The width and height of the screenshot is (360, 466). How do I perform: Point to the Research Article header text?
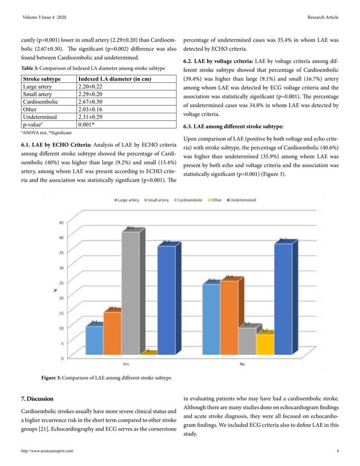(322, 17)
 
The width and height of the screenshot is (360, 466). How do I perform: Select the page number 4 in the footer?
(337, 451)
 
